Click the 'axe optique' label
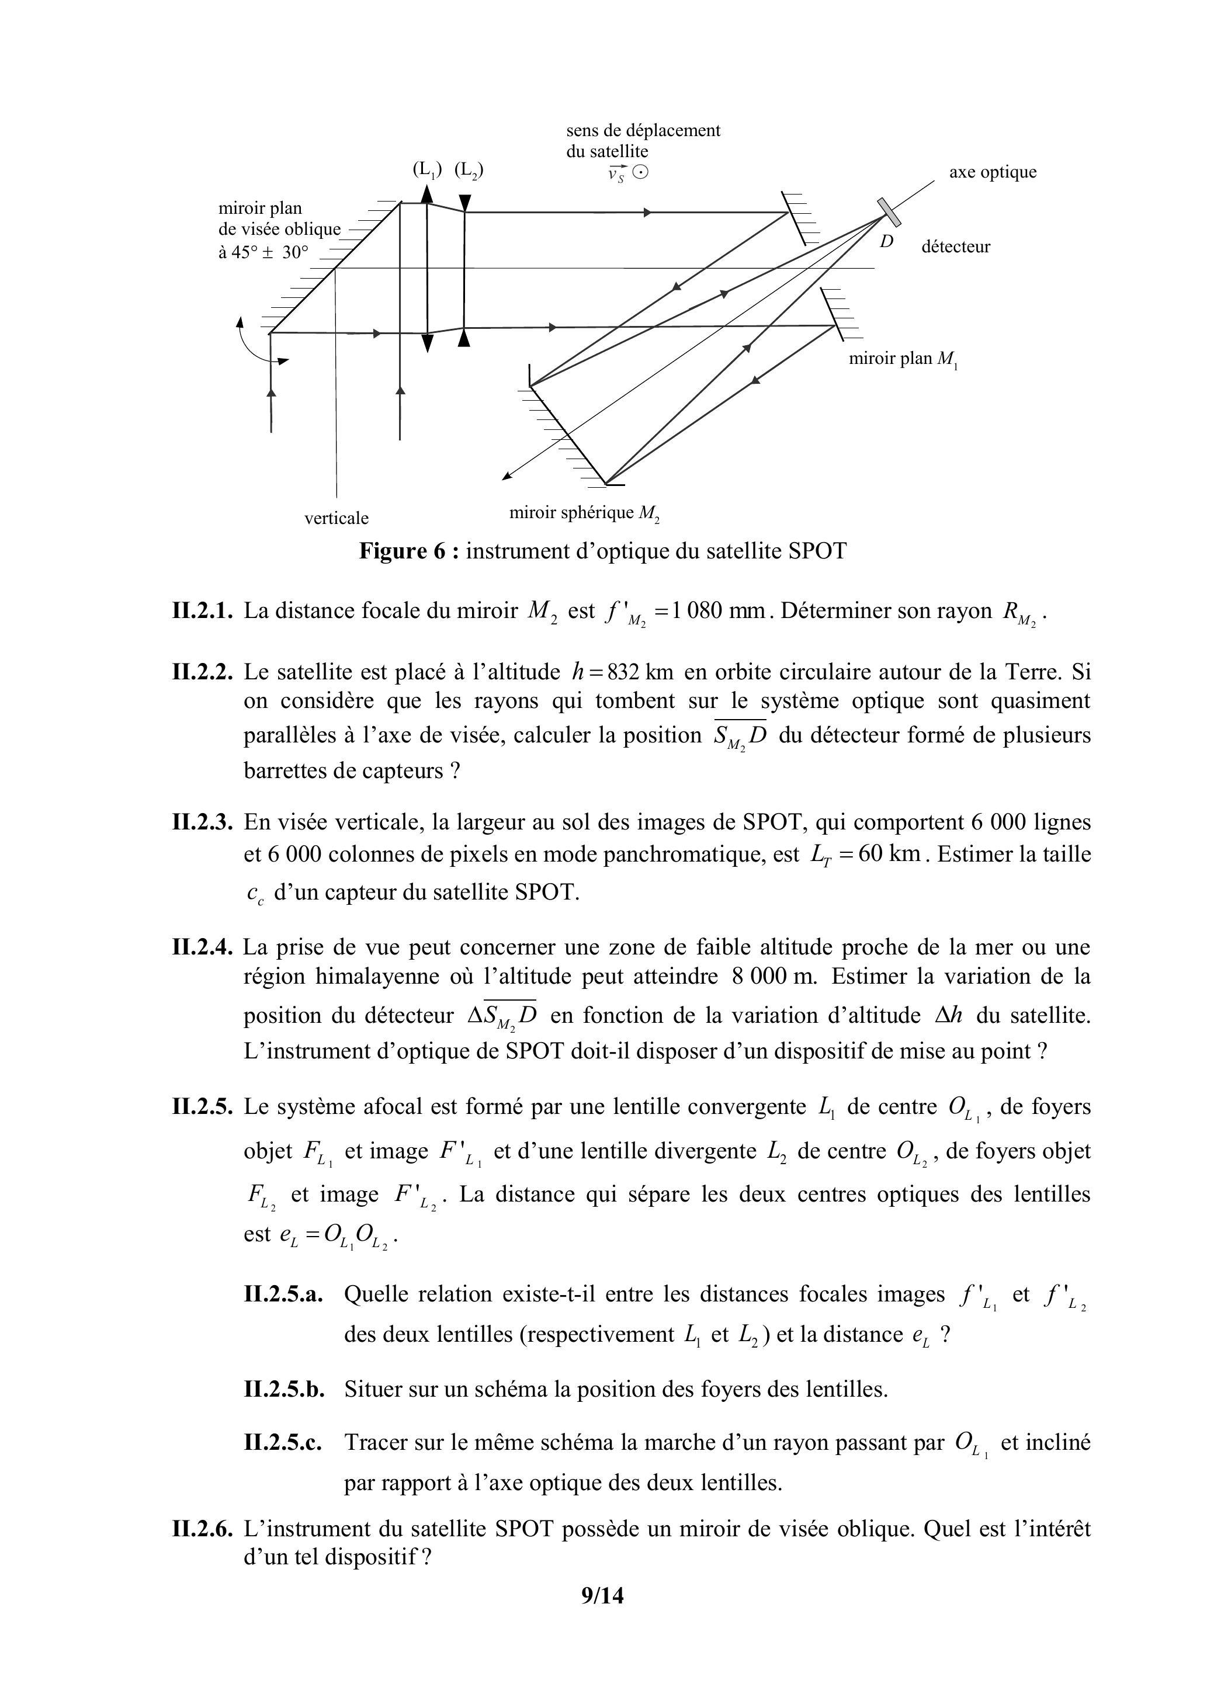click(992, 172)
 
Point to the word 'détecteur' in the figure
click(955, 247)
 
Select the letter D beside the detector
click(887, 241)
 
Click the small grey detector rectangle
click(889, 212)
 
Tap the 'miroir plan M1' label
click(903, 359)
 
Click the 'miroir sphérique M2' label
click(584, 513)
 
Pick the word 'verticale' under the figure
click(337, 518)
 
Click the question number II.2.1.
click(203, 612)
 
